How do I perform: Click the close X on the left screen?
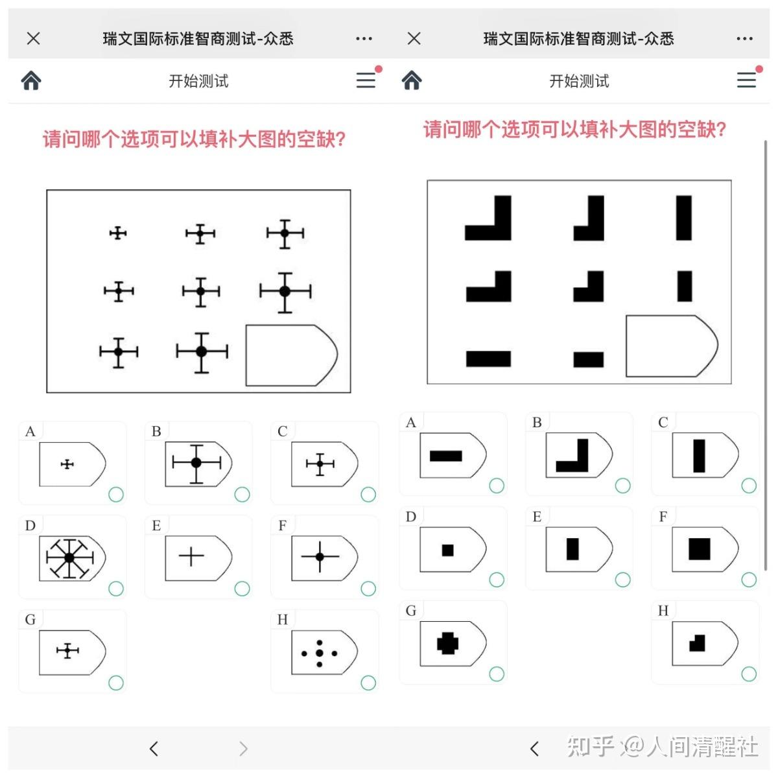click(34, 39)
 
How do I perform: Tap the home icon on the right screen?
click(412, 80)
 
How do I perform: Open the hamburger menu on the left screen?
click(366, 80)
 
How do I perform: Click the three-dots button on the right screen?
click(744, 39)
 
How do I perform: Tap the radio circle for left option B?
click(242, 495)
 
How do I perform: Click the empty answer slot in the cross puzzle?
click(290, 355)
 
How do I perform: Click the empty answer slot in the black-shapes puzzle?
click(671, 346)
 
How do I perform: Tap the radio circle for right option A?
click(497, 486)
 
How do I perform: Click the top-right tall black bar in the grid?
click(684, 218)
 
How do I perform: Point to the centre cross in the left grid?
click(201, 292)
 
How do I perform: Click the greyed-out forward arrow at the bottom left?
click(243, 749)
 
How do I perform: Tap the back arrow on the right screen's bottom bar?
click(534, 749)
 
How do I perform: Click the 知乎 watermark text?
click(590, 747)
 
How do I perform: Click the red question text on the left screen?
click(194, 139)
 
